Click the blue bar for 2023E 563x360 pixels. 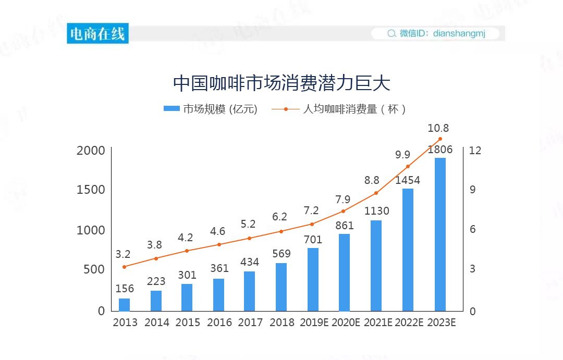440,234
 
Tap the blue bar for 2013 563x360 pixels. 124,304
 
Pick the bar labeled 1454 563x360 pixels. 408,250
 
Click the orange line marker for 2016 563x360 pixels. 219,244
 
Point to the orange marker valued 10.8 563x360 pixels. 440,139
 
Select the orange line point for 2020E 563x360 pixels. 343,211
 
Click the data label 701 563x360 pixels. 313,240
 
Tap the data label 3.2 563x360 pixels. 123,254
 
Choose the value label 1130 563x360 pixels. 376,211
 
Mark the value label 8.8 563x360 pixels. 372,180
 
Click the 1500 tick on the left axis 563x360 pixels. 91,190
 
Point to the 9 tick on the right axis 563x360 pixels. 473,190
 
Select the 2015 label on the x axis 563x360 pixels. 188,322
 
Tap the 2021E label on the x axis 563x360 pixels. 378,322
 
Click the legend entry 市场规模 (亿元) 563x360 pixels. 211,109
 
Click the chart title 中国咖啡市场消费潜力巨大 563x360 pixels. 281,83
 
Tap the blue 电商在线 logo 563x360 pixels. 97,34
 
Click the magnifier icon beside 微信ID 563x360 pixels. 391,34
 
